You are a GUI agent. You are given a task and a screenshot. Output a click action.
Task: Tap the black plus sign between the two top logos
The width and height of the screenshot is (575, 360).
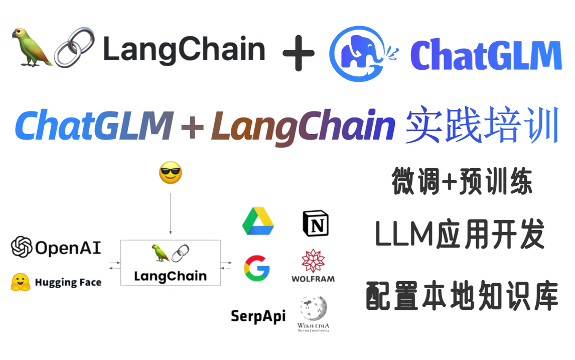point(299,53)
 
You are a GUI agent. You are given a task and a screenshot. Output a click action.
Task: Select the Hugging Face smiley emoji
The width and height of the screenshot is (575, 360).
point(21,282)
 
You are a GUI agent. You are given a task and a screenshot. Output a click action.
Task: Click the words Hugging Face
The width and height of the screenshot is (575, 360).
point(68,283)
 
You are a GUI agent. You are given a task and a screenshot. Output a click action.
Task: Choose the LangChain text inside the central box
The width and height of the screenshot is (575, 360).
point(170,276)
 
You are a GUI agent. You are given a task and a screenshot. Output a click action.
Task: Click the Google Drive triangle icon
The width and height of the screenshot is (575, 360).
point(258,222)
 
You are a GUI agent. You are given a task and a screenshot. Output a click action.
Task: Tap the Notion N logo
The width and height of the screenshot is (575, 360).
point(316,223)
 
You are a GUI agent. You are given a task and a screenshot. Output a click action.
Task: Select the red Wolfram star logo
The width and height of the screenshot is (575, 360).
point(313,261)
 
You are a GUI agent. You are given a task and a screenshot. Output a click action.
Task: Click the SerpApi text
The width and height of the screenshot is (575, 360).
point(258,316)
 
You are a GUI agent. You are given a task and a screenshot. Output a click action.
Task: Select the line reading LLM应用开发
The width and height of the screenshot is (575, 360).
point(460,236)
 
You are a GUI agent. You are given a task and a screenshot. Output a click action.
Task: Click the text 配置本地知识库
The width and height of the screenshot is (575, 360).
point(462,296)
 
